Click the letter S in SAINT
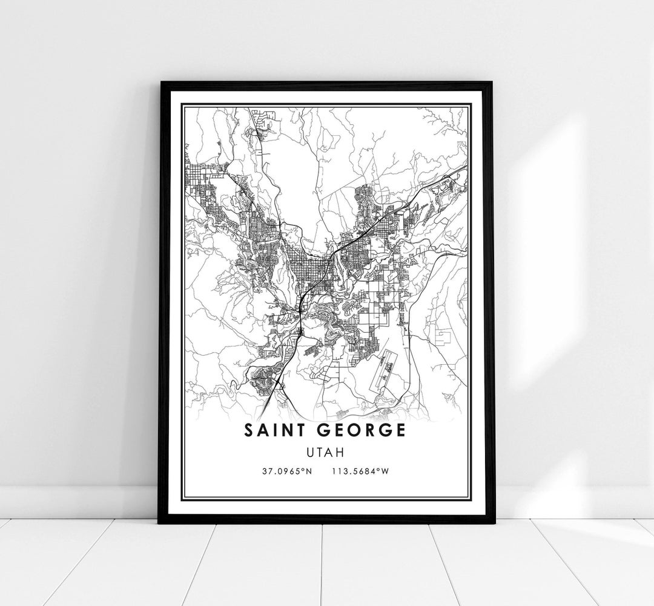pyautogui.click(x=249, y=430)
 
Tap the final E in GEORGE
pyautogui.click(x=401, y=430)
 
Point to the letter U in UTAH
pyautogui.click(x=312, y=451)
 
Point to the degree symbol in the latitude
pyautogui.click(x=303, y=470)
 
